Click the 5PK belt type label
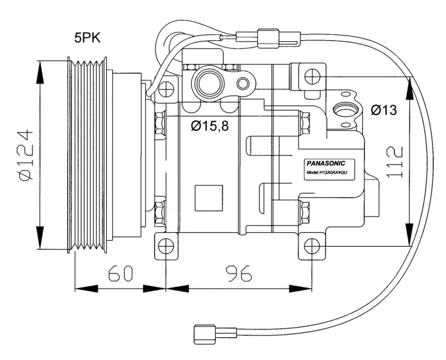(88, 38)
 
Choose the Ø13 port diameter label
(383, 110)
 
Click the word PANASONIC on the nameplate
(326, 163)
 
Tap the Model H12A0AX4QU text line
(327, 172)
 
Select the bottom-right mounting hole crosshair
(312, 246)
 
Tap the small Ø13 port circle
(345, 110)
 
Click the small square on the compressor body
(209, 197)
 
